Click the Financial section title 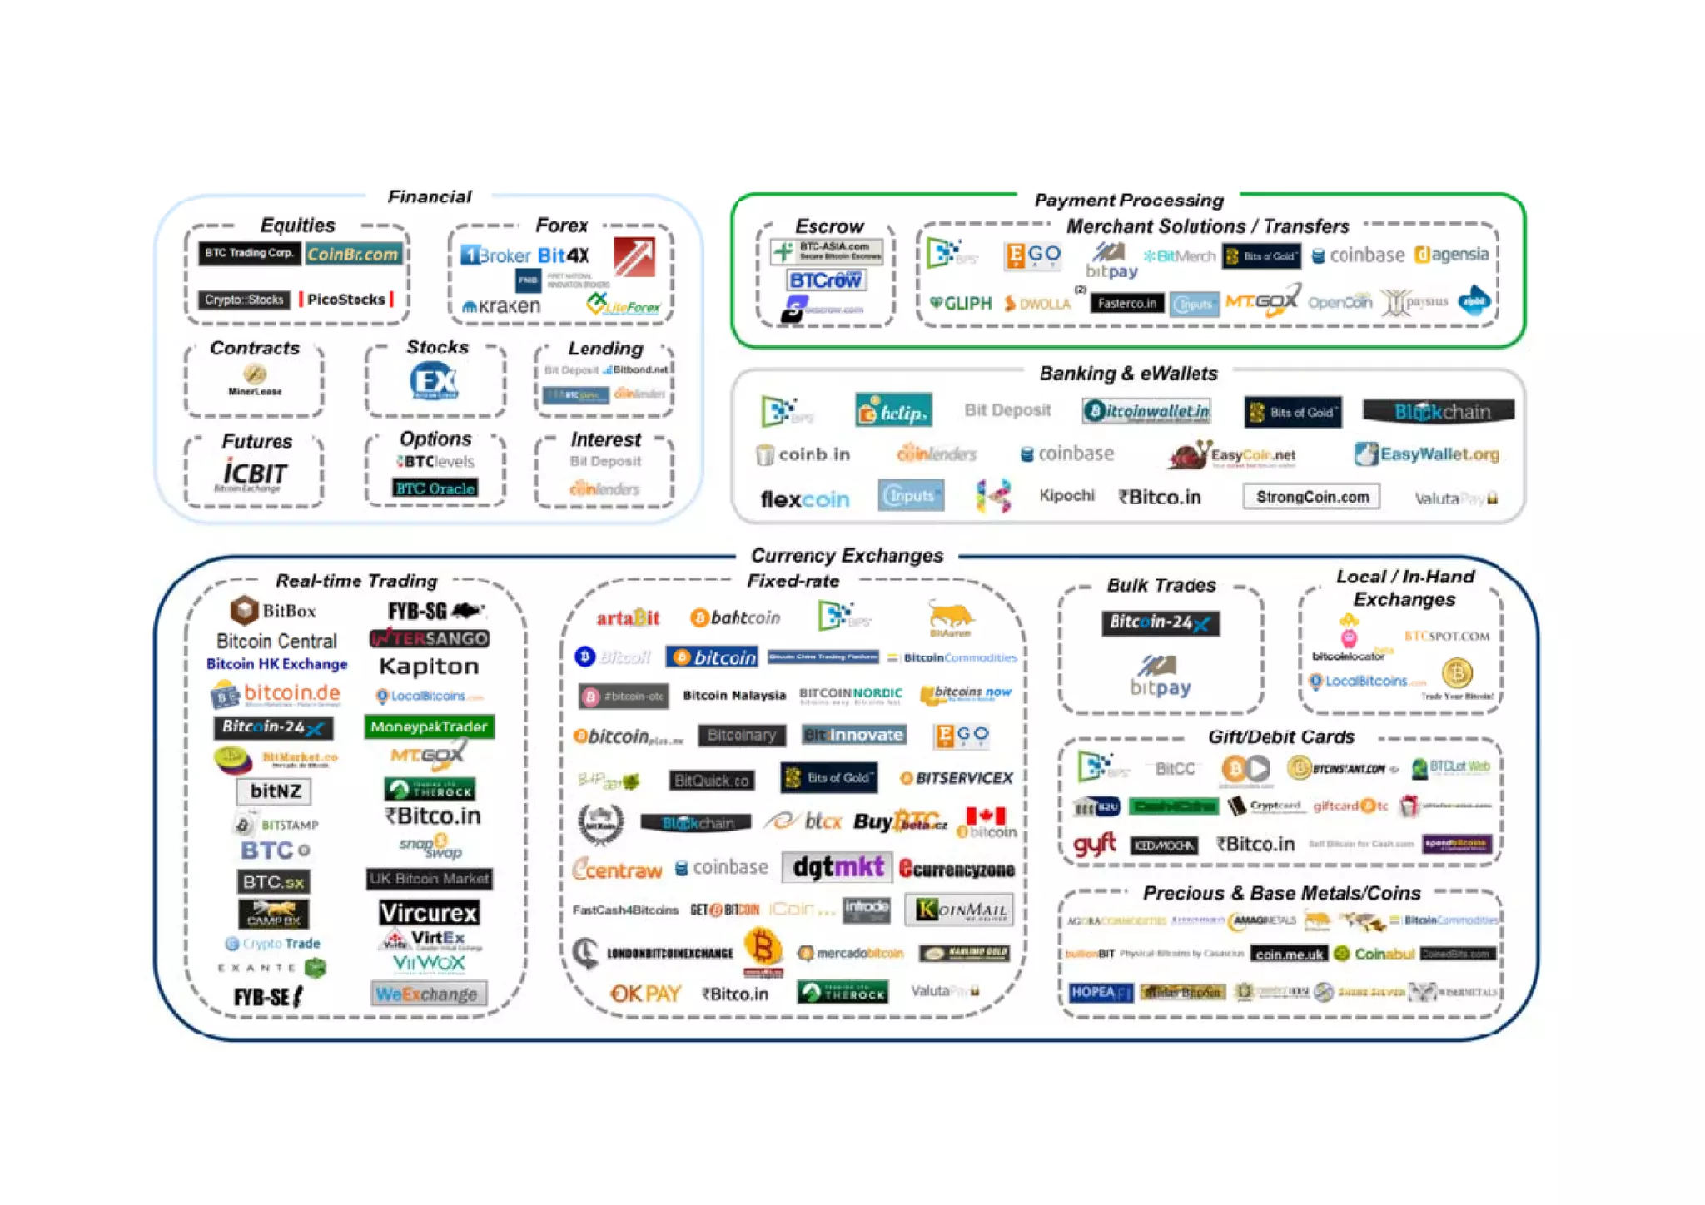pyautogui.click(x=429, y=196)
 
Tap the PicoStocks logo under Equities pyautogui.click(x=345, y=300)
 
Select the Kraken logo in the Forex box pyautogui.click(x=502, y=306)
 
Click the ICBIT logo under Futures pyautogui.click(x=254, y=474)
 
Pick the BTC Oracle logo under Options pyautogui.click(x=435, y=488)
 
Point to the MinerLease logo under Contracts pyautogui.click(x=255, y=380)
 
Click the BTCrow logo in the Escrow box pyautogui.click(x=825, y=280)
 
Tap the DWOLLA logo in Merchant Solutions pyautogui.click(x=1037, y=304)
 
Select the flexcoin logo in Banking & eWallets pyautogui.click(x=804, y=499)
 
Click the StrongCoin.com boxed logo pyautogui.click(x=1312, y=497)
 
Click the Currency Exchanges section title pyautogui.click(x=847, y=555)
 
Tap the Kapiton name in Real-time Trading pyautogui.click(x=429, y=667)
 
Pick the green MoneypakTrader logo pyautogui.click(x=429, y=726)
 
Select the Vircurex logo pyautogui.click(x=429, y=913)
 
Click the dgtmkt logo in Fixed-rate pyautogui.click(x=838, y=867)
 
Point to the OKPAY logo pyautogui.click(x=646, y=993)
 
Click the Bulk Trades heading pyautogui.click(x=1161, y=585)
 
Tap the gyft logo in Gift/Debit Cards pyautogui.click(x=1094, y=845)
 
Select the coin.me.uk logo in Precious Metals pyautogui.click(x=1289, y=954)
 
